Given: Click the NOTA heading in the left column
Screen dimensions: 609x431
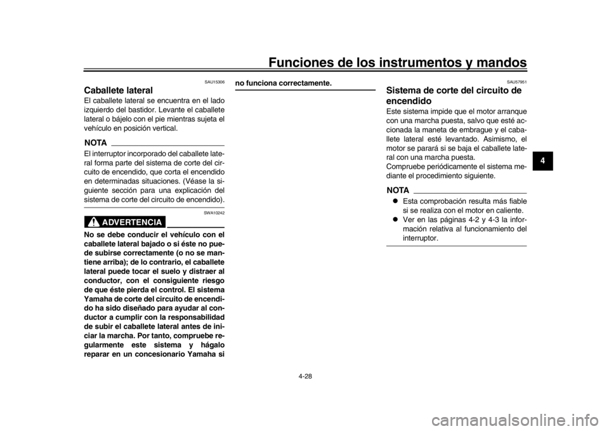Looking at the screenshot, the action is pyautogui.click(x=95, y=142).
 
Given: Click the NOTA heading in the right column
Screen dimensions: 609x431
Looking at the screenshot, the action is pyautogui.click(x=398, y=190).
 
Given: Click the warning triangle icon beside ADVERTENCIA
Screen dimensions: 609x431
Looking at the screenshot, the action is pyautogui.click(x=94, y=222).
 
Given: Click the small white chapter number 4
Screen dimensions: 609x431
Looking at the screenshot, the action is pyautogui.click(x=542, y=161).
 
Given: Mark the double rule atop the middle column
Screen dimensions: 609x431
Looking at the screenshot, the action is pyautogui.click(x=306, y=90).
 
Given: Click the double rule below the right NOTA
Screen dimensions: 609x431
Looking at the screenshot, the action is pyautogui.click(x=457, y=244).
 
